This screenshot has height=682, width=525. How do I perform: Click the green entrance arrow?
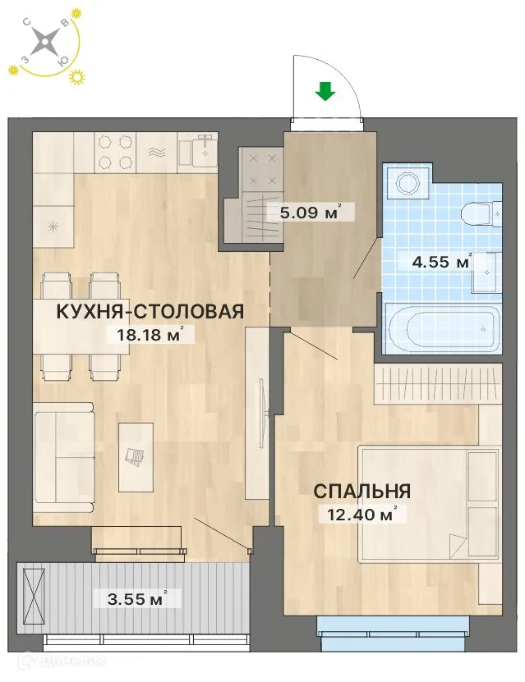326,91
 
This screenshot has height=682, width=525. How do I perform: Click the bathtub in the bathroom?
442,329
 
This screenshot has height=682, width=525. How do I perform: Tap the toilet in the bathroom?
481,213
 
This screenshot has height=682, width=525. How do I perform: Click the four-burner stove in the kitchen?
116,152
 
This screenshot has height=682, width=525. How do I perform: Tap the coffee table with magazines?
136,456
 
